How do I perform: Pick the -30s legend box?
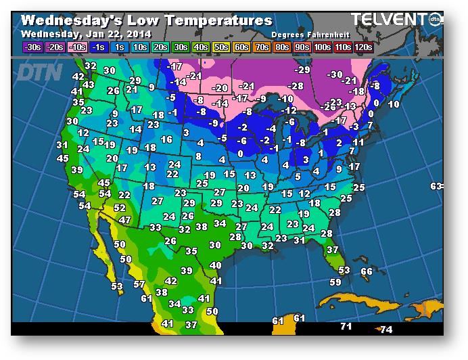tap(32, 47)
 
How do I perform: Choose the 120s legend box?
tap(364, 47)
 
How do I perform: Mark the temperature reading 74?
tap(386, 330)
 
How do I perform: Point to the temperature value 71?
tap(346, 327)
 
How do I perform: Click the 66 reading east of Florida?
tap(367, 271)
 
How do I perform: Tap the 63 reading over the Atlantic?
tap(437, 186)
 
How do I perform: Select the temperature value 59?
tap(335, 282)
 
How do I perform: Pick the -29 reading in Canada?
tap(302, 70)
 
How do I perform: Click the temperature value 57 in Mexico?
tap(139, 284)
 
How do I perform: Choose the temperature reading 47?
tap(124, 220)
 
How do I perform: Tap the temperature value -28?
tap(296, 86)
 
